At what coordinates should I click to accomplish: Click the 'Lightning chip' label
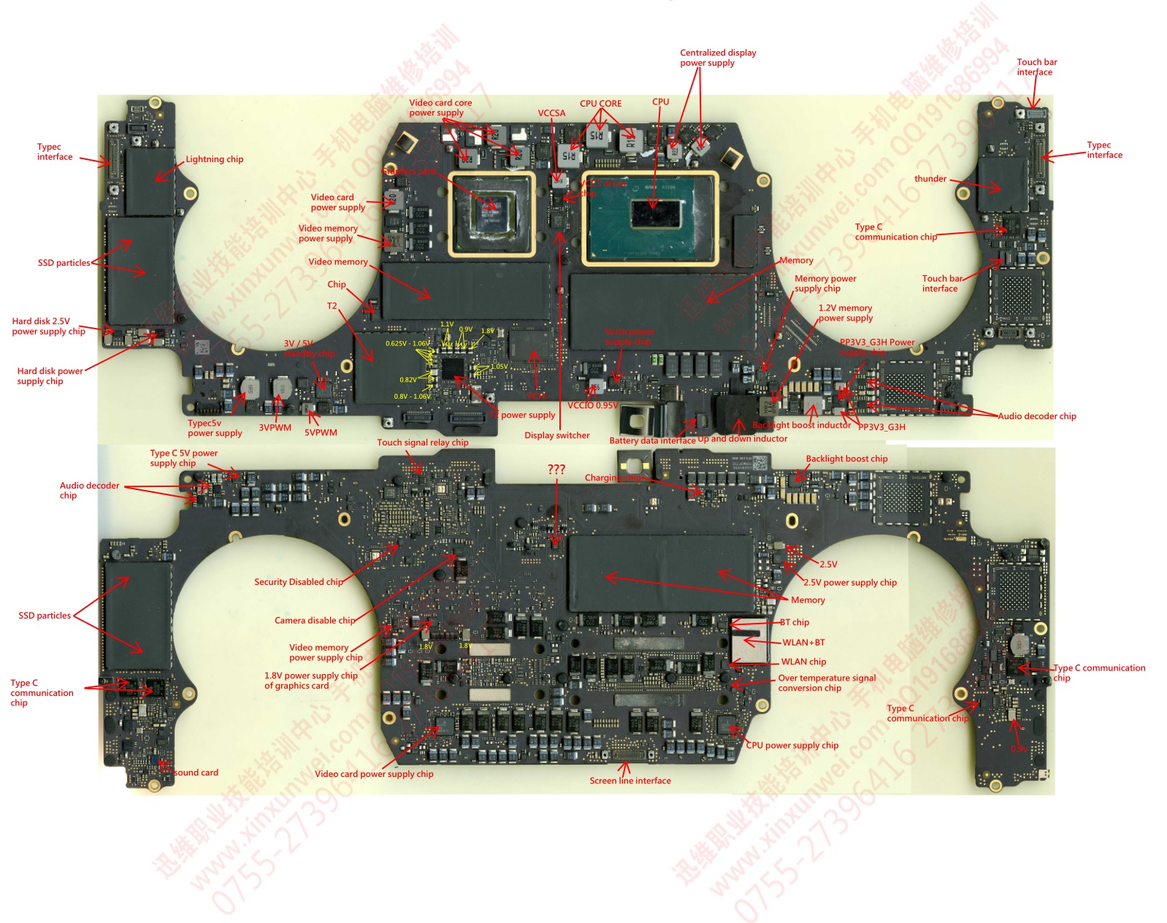[x=214, y=159]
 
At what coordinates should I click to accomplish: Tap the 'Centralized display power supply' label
[x=717, y=58]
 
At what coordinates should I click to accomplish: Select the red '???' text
[x=556, y=470]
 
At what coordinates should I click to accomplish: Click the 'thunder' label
[x=930, y=179]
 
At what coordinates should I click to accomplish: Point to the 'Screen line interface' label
[x=630, y=781]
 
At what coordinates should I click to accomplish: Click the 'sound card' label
[x=196, y=773]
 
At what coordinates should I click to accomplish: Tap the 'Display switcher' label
[x=556, y=435]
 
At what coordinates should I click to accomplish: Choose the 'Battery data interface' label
[x=651, y=440]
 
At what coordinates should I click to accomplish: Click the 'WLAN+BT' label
[x=803, y=643]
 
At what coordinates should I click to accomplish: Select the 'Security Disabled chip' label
[x=298, y=582]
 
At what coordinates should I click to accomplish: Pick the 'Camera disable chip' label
[x=314, y=621]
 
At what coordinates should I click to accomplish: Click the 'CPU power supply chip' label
[x=792, y=746]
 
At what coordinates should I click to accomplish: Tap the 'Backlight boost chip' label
[x=846, y=459]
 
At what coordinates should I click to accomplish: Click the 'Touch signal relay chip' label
[x=422, y=443]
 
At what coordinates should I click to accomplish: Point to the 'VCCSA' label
[x=551, y=113]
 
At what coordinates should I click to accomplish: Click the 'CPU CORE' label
[x=600, y=104]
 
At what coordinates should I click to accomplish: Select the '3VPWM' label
[x=275, y=428]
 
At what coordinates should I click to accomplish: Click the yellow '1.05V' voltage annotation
[x=499, y=367]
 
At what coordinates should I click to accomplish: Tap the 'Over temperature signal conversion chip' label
[x=826, y=683]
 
